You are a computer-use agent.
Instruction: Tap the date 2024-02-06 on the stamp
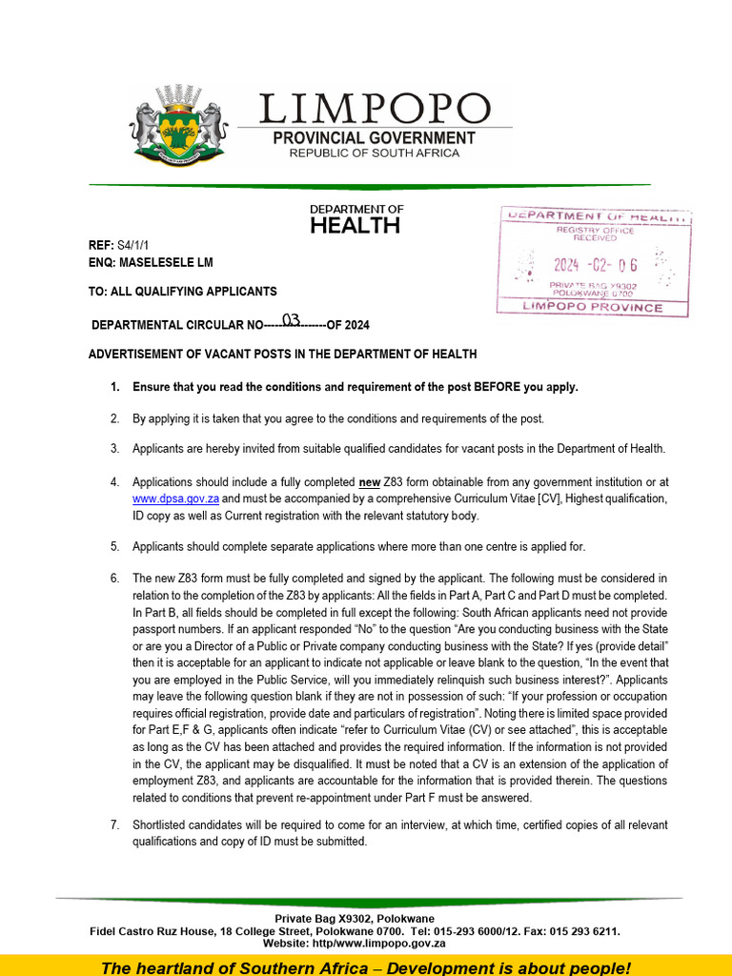[x=596, y=265]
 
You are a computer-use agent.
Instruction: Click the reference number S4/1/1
[x=133, y=245]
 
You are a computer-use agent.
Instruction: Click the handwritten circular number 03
[x=291, y=319]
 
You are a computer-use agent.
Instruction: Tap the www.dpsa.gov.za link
[x=175, y=498]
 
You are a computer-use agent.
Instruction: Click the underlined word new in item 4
[x=369, y=482]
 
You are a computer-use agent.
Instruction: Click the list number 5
[x=114, y=547]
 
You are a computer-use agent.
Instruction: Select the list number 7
[x=114, y=825]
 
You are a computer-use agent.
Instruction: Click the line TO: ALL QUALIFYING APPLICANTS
[x=183, y=292]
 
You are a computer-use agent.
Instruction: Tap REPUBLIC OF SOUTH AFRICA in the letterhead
[x=374, y=153]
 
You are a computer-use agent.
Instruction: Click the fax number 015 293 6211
[x=581, y=931]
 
